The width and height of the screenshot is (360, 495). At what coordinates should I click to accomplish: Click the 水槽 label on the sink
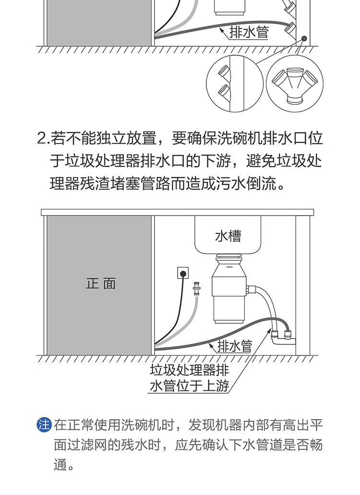228,236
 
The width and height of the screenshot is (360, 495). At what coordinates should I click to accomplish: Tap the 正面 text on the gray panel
101,283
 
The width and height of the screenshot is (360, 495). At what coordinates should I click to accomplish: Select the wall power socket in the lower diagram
183,273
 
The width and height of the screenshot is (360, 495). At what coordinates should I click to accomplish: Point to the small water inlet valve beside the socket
197,289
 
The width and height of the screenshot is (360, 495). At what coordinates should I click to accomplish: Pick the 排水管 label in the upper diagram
249,32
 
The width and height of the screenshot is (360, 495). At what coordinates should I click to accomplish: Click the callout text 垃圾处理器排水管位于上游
189,378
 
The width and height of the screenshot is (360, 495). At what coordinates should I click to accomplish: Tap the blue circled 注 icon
44,424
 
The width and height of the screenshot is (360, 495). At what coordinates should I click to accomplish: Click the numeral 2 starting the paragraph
41,139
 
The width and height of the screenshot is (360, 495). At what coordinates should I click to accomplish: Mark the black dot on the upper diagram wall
304,38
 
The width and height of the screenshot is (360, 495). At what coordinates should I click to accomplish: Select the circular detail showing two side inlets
235,84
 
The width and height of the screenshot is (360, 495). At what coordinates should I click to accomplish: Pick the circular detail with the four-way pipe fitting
295,84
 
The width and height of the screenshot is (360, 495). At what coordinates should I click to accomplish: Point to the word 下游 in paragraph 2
216,161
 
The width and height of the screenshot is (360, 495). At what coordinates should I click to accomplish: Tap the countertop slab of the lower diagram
177,212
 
